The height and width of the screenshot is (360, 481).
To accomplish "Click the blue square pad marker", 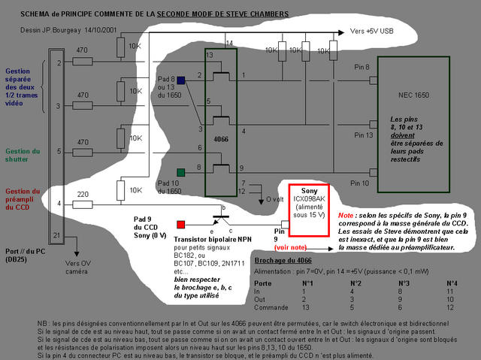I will point(180,80).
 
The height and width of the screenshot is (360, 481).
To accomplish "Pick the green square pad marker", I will point(180,172).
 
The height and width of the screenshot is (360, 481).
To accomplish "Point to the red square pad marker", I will point(180,224).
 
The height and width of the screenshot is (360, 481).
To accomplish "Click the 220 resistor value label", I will point(83,195).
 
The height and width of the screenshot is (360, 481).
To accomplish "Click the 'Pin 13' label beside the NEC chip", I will point(362,135).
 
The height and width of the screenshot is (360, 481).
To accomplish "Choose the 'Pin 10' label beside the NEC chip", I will point(362,183).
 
